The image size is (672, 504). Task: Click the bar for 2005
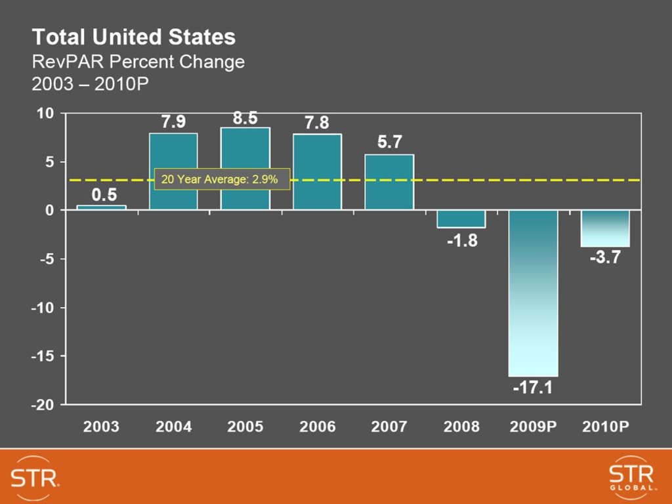pos(245,169)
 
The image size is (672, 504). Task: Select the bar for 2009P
pos(534,293)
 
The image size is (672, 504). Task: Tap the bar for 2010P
pos(606,228)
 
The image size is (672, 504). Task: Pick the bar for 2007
pos(389,182)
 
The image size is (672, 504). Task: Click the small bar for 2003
pos(101,207)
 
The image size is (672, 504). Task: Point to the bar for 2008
pos(461,219)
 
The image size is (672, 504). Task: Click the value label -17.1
pos(534,388)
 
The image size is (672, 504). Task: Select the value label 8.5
pos(245,118)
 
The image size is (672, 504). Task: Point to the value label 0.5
pos(101,195)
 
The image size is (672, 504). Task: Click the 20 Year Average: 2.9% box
pos(222,179)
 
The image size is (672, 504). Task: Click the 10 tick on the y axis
pos(45,113)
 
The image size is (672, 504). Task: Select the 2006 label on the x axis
pos(318,427)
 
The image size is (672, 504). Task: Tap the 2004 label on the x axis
pos(173,427)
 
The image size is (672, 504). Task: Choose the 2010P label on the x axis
pos(606,427)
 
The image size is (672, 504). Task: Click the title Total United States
pos(134,37)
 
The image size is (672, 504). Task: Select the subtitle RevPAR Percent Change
pos(138,62)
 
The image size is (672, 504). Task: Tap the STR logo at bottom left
pos(35,477)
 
